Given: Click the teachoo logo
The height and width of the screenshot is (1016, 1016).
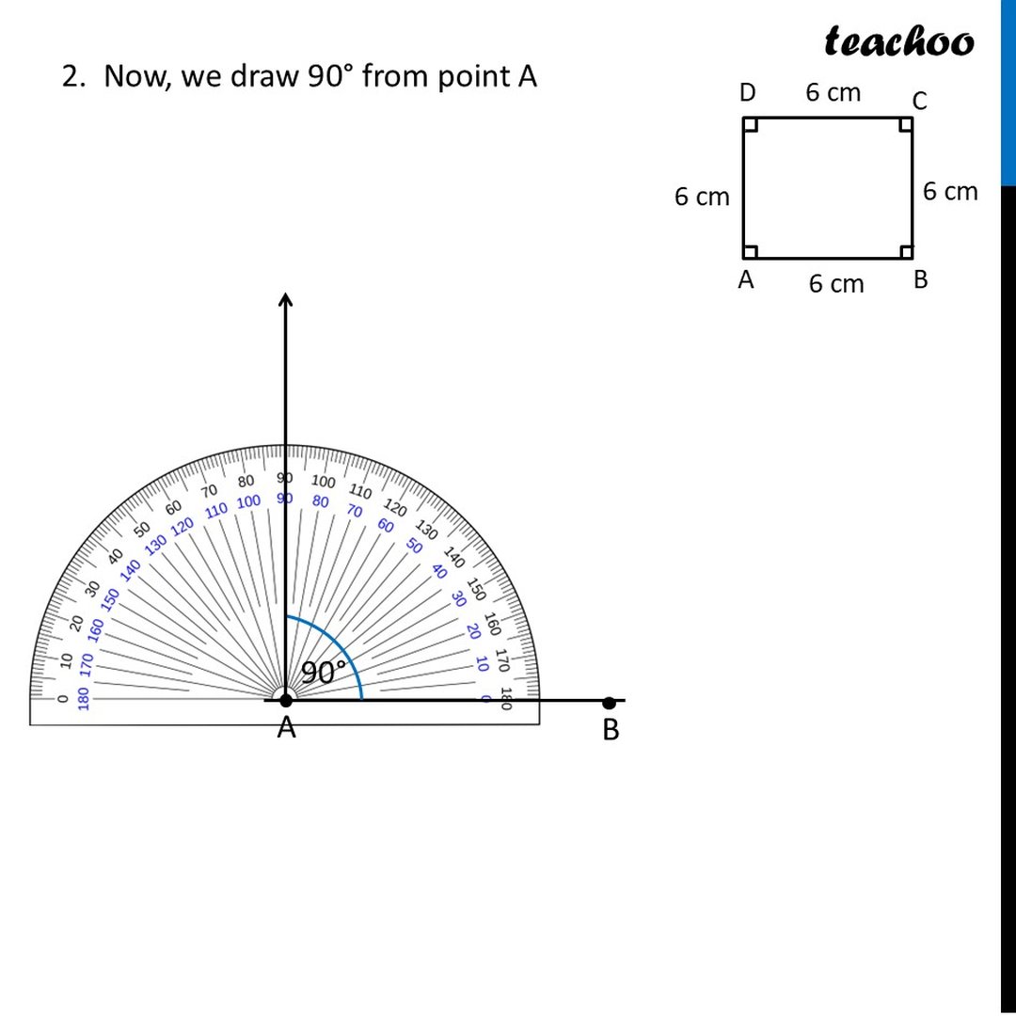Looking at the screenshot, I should (x=899, y=41).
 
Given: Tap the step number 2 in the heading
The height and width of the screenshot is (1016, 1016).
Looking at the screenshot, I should (x=71, y=76).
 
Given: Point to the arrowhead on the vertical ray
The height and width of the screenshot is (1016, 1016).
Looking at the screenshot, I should (x=285, y=298).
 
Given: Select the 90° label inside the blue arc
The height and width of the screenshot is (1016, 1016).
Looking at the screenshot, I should (x=324, y=673).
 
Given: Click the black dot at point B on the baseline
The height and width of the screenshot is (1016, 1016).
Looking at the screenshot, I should (x=609, y=703).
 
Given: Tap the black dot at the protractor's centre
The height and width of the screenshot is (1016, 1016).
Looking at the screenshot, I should (x=285, y=700).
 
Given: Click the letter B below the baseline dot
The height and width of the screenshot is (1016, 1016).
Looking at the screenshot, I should (x=611, y=730).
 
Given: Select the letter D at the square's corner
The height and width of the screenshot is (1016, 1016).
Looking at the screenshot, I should (x=747, y=93).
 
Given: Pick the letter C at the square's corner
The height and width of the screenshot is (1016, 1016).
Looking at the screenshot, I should (x=919, y=101).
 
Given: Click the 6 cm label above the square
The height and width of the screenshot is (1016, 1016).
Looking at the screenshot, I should (x=833, y=92).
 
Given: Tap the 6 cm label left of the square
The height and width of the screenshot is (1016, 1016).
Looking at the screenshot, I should (x=702, y=197).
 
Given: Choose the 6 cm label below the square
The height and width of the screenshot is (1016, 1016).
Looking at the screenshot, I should (x=835, y=283).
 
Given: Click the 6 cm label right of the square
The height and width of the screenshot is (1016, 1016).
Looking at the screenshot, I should (x=950, y=192).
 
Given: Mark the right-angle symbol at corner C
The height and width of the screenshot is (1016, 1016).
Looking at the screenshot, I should (x=904, y=125).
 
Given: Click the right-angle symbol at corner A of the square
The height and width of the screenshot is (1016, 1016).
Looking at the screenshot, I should (x=751, y=251).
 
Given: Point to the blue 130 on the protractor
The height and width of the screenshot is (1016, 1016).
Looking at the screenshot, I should (x=155, y=543).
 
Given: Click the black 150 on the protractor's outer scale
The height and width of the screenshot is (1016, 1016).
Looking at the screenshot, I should (x=476, y=590).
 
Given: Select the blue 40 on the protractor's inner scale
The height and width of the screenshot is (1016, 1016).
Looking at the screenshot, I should (x=438, y=571).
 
